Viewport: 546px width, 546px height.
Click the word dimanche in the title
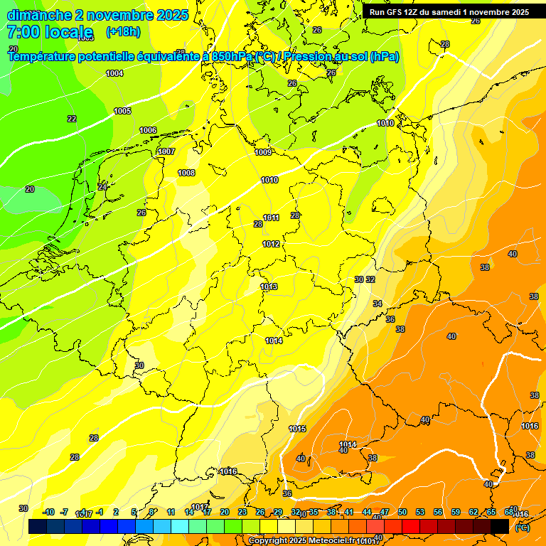36,15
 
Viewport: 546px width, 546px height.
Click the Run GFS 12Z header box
449,12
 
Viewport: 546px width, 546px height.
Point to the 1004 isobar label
114,73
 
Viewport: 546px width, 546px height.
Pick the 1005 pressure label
122,111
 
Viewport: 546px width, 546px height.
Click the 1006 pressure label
148,130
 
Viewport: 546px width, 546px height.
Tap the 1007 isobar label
166,151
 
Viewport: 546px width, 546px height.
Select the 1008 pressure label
186,173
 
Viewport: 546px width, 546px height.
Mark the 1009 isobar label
263,152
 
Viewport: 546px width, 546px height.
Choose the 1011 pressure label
271,218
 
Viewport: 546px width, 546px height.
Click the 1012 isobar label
271,244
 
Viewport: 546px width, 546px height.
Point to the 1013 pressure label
269,287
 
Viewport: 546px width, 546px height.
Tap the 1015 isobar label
297,429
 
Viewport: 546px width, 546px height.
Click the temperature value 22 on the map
72,119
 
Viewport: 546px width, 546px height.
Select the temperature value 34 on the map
378,304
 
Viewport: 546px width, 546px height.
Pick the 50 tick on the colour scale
402,512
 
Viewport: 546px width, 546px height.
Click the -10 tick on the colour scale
49,512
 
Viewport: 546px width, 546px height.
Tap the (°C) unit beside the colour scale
522,528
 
